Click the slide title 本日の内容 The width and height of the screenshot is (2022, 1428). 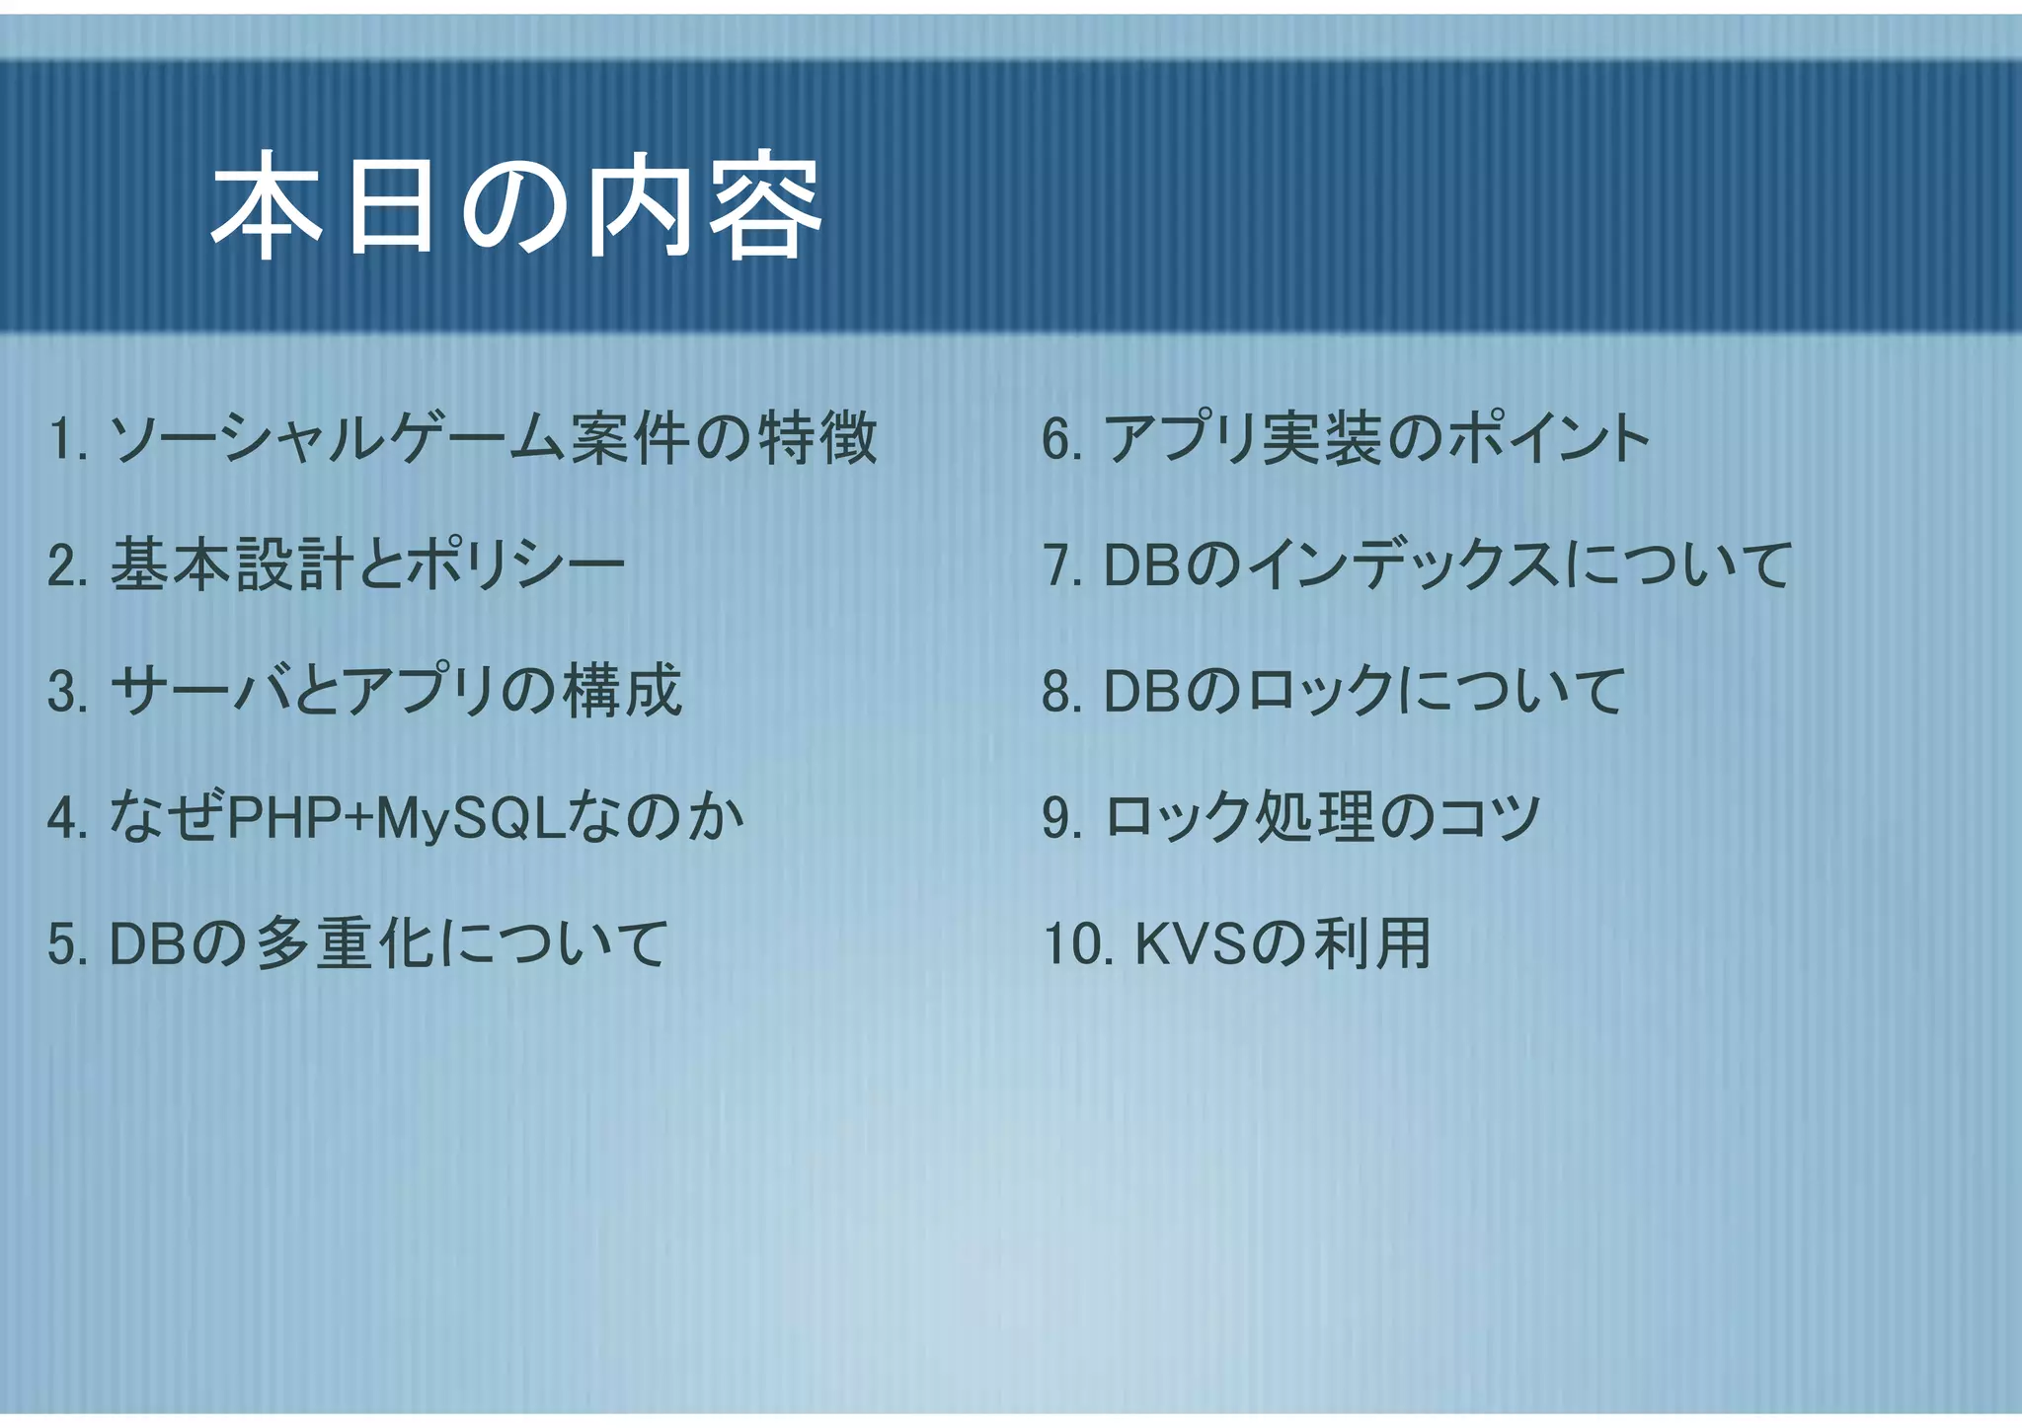click(515, 206)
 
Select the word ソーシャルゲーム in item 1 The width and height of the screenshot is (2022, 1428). click(336, 439)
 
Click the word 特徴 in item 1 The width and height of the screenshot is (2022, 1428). click(817, 439)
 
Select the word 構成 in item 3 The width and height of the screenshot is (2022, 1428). click(622, 691)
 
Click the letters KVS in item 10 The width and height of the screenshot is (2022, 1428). click(1193, 944)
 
